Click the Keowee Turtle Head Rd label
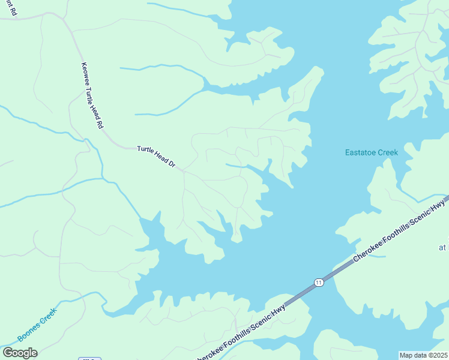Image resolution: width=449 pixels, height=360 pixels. pyautogui.click(x=92, y=97)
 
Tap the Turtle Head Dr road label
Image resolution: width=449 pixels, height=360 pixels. pyautogui.click(x=155, y=155)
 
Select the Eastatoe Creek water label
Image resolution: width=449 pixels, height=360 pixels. pyautogui.click(x=371, y=153)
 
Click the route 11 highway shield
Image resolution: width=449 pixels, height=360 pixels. pyautogui.click(x=318, y=282)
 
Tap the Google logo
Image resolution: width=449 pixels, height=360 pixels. pyautogui.click(x=20, y=353)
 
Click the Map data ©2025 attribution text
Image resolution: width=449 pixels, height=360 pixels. pyautogui.click(x=423, y=355)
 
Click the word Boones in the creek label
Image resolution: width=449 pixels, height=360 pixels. pyautogui.click(x=29, y=331)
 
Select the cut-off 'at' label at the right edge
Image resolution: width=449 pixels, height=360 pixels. pyautogui.click(x=442, y=247)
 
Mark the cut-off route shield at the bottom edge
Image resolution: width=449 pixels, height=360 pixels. pyautogui.click(x=89, y=358)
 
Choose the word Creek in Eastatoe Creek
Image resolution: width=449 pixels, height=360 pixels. pyautogui.click(x=387, y=153)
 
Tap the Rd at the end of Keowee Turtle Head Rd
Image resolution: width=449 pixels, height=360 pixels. pyautogui.click(x=101, y=125)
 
